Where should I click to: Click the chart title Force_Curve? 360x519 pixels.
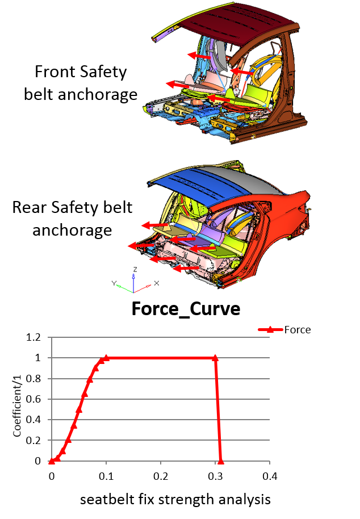point(186,309)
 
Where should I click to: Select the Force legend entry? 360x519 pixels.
point(284,330)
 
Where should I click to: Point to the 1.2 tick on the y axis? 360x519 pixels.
point(33,337)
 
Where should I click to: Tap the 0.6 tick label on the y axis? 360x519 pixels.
point(33,399)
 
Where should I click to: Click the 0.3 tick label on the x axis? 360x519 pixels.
point(215,476)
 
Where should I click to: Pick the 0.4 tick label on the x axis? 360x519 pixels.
point(270,476)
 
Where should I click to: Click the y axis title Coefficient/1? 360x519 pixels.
point(17,406)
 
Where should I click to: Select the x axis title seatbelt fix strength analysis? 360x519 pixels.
point(175,500)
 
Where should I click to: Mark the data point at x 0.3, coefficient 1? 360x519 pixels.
point(215,358)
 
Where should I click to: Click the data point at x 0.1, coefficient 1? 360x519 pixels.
point(106,358)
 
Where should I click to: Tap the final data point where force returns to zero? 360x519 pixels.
point(221,461)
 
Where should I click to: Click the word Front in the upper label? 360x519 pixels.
point(55,72)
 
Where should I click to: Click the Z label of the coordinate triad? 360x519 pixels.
point(135,269)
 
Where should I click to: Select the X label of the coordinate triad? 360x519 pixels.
point(157,283)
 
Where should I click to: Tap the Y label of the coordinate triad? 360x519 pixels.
point(114,283)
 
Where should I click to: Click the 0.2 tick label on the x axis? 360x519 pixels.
point(161,476)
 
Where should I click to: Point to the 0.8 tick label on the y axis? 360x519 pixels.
point(33,379)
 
